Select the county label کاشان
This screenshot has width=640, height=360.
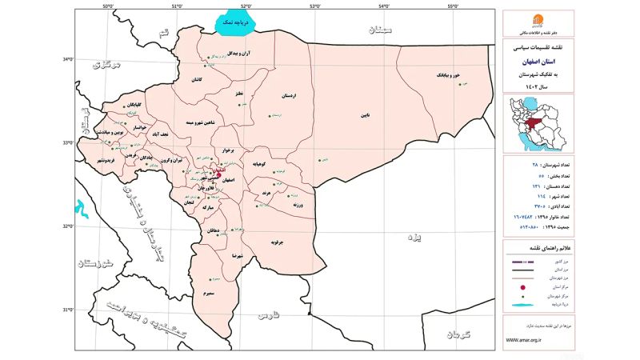[196, 80]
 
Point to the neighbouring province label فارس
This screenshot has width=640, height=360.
[266, 317]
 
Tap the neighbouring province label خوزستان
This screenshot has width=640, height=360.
[94, 262]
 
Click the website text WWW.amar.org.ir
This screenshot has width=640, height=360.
[525, 340]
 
